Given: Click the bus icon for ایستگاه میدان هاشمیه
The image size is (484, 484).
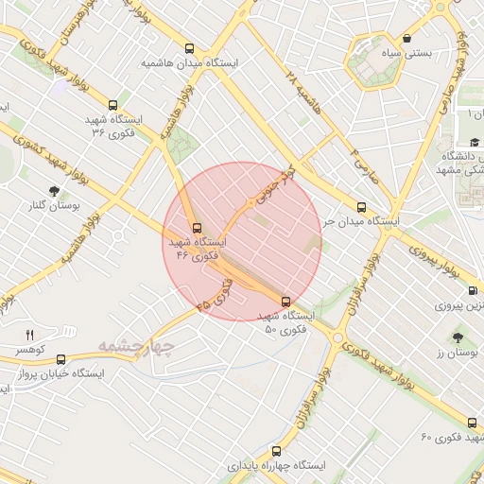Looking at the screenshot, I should [190, 49].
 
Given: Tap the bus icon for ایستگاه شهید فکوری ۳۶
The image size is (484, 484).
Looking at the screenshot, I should [114, 106].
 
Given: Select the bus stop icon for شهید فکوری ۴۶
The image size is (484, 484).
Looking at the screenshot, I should [198, 228].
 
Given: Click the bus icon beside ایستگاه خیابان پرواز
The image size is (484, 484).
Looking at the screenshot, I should [61, 359].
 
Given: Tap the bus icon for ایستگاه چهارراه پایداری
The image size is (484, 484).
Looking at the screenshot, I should [276, 451].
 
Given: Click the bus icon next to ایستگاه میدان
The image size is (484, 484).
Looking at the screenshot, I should [360, 207].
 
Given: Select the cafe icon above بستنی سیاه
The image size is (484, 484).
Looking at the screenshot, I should [406, 39].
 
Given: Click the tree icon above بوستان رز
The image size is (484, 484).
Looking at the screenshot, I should [458, 337].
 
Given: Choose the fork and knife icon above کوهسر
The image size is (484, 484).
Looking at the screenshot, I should [28, 335].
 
